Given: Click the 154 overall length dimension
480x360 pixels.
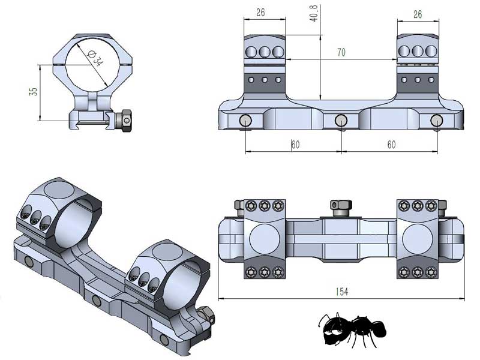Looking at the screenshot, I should point(341,291).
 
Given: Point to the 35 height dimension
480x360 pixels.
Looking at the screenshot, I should point(34,91).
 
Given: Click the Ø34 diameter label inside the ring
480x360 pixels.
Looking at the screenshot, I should point(95,58).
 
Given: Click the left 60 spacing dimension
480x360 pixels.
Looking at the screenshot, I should point(295,145).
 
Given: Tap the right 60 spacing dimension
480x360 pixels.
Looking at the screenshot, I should point(391,145).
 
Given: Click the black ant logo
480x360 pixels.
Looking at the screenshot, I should point(351,329).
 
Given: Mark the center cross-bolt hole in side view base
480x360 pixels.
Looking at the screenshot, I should point(341,121).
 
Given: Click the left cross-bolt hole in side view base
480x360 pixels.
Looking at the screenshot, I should point(246,121).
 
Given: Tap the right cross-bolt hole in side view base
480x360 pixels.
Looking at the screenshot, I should point(436,121).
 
